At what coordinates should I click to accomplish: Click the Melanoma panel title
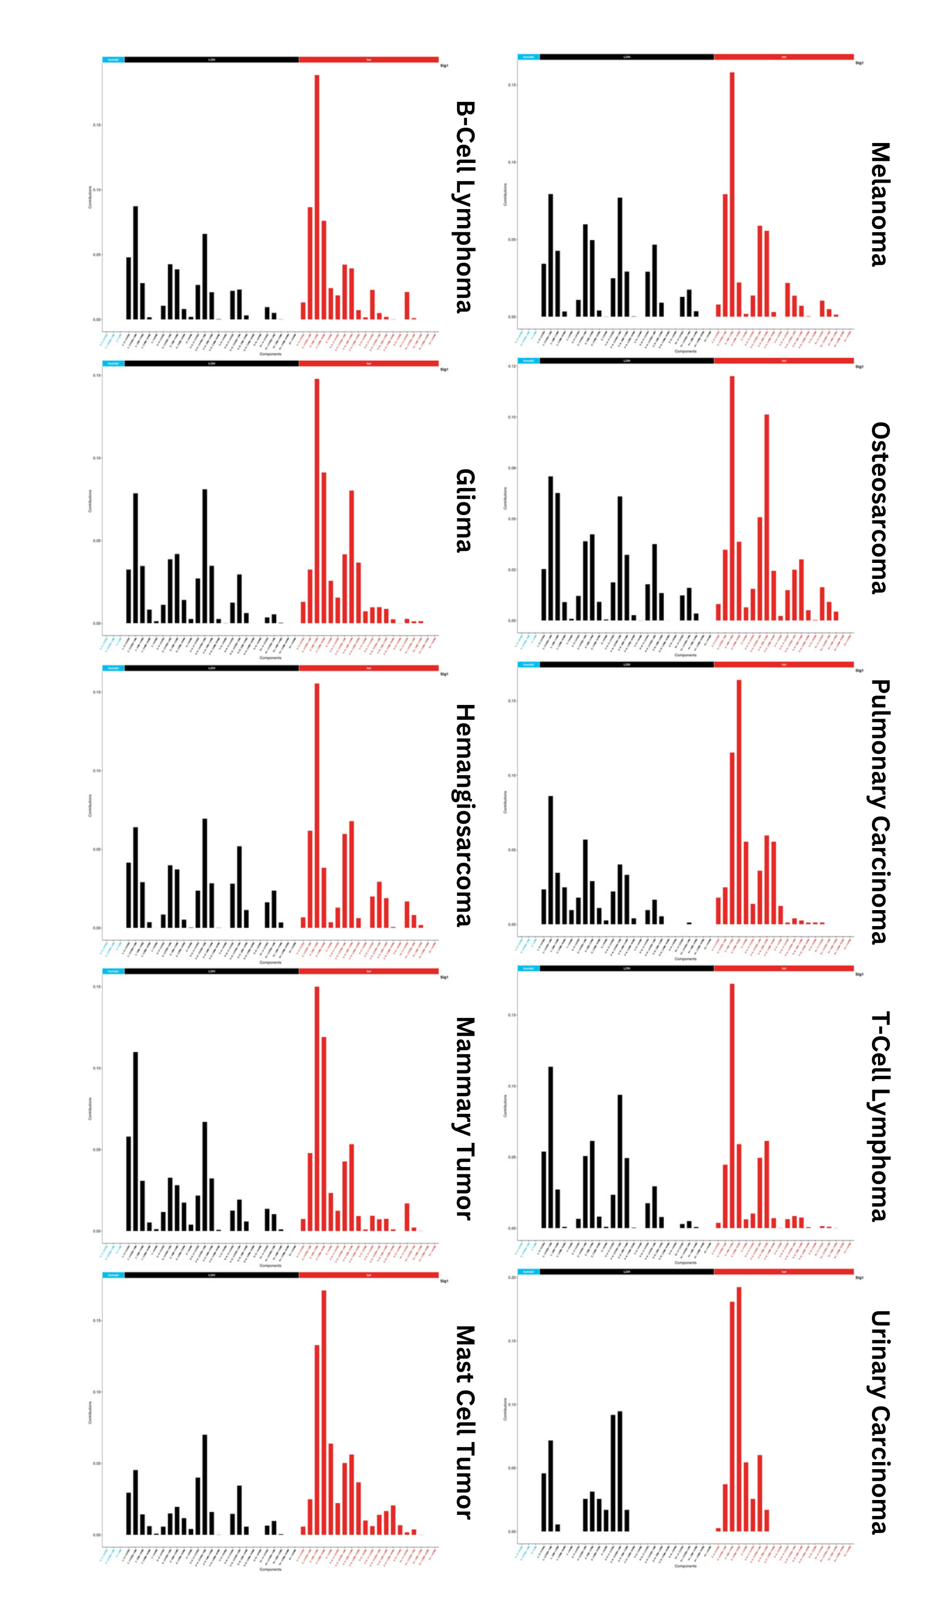click(x=880, y=204)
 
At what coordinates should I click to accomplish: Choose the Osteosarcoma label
click(x=880, y=508)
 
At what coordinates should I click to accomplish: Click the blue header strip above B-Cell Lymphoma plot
click(x=113, y=59)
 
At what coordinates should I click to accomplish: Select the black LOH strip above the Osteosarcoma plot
click(x=626, y=360)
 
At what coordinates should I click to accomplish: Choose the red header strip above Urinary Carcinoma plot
click(x=783, y=1272)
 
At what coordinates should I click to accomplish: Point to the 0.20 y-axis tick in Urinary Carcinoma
click(x=512, y=1278)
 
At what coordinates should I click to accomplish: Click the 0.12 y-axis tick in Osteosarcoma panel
click(x=512, y=366)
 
